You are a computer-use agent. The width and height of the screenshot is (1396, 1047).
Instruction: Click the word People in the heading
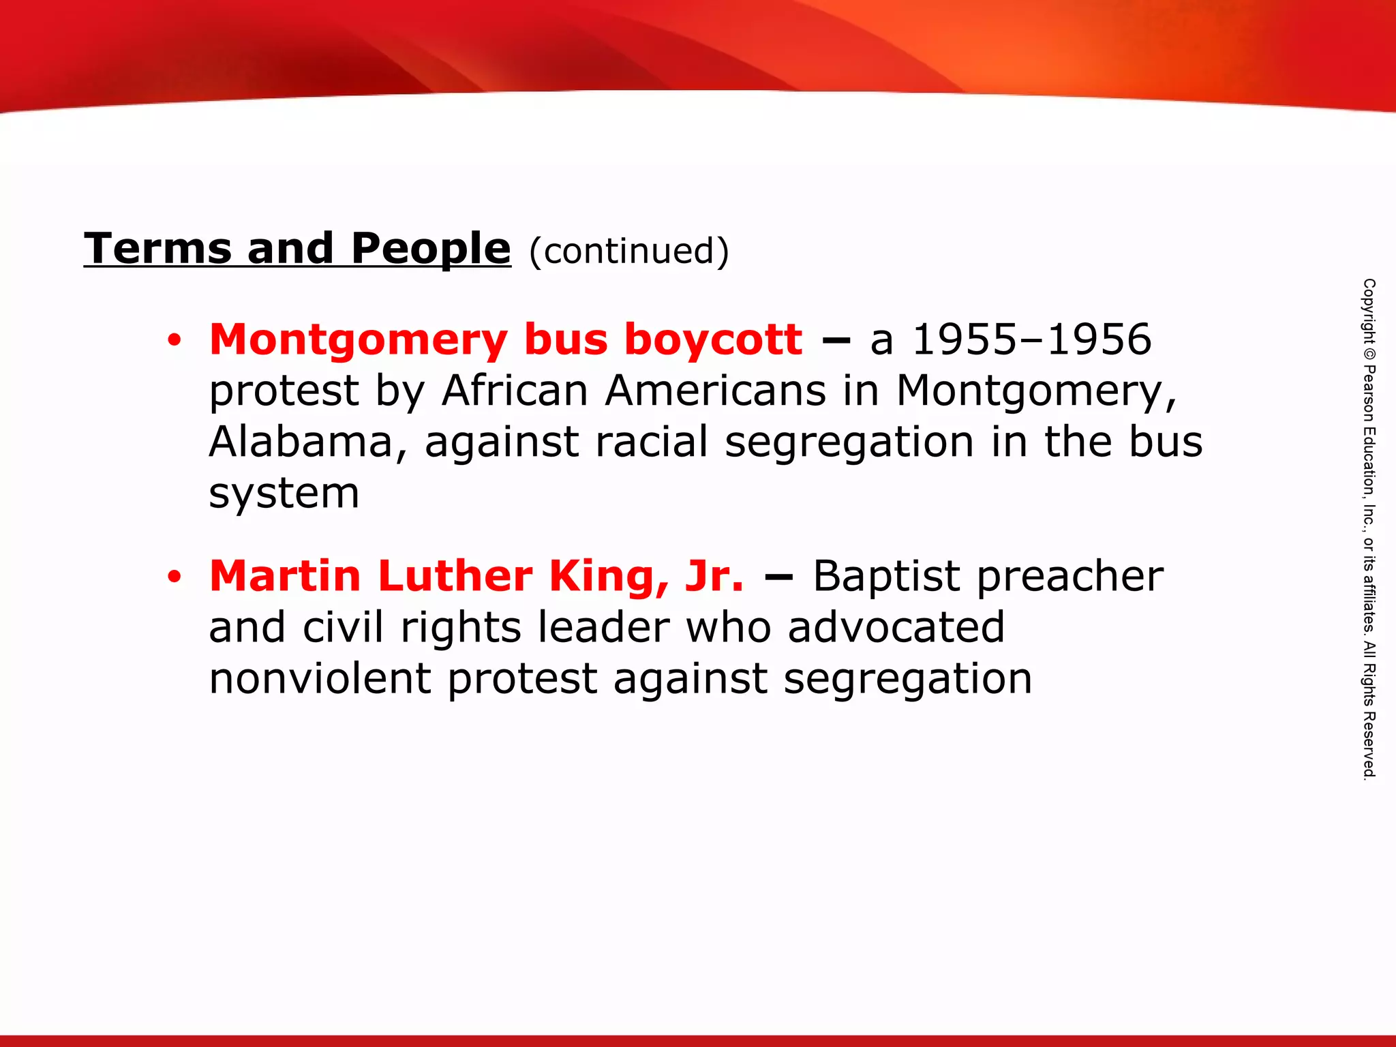tap(431, 249)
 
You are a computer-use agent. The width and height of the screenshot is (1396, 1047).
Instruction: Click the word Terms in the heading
tap(157, 249)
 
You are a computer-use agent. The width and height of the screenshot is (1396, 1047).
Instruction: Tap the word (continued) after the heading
tap(628, 252)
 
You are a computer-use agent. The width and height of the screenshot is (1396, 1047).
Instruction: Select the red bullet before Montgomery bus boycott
tap(174, 340)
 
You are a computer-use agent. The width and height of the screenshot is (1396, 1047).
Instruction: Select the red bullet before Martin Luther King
tap(174, 577)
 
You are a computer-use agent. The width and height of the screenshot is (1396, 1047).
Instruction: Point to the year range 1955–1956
tap(1031, 339)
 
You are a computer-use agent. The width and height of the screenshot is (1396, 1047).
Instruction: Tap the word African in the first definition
tap(515, 391)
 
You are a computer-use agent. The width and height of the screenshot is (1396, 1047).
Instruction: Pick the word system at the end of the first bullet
tap(284, 494)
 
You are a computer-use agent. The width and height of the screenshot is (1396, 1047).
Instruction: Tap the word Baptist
tap(886, 577)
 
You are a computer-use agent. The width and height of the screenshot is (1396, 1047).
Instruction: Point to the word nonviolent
tap(320, 679)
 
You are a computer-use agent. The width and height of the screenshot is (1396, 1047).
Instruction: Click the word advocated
tap(896, 627)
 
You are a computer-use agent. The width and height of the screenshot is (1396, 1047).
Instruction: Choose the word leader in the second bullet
tap(603, 627)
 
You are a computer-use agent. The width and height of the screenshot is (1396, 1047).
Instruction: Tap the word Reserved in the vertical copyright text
tap(1369, 744)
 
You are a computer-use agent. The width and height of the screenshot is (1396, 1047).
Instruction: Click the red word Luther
tap(455, 577)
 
